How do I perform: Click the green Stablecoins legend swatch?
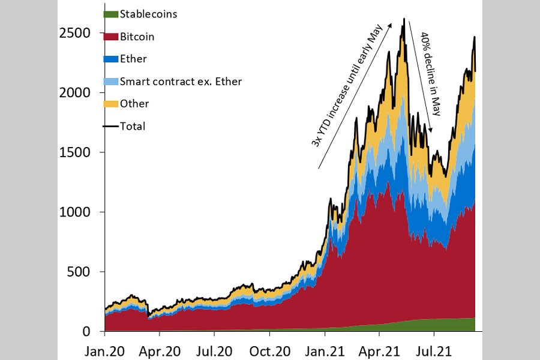[110, 14]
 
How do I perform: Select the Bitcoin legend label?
[137, 37]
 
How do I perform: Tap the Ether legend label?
[133, 59]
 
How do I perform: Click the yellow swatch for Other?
[110, 104]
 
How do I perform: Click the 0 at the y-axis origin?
[87, 332]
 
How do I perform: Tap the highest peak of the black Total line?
[404, 19]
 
